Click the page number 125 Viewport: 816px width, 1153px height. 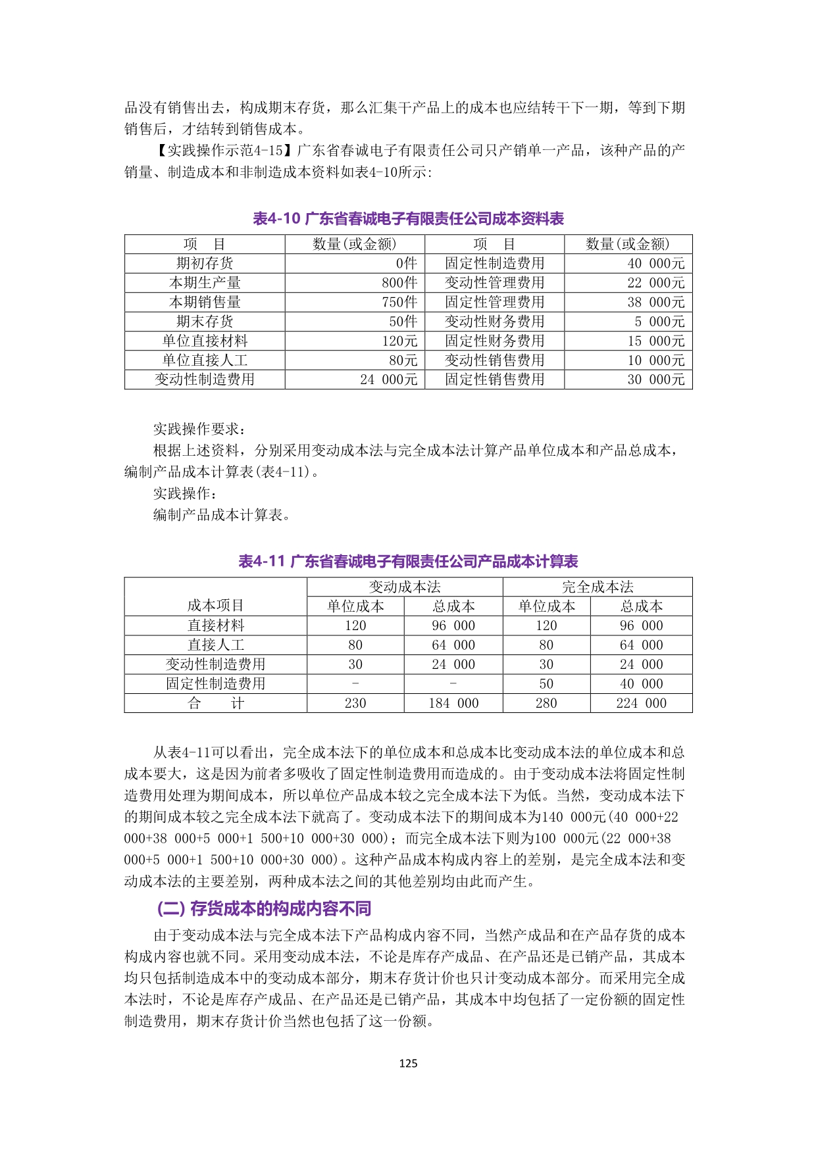coord(408,1063)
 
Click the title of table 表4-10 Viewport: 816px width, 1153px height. coord(408,219)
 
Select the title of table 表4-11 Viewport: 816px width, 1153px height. coord(408,562)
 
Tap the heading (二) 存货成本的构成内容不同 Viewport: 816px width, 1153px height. coord(264,908)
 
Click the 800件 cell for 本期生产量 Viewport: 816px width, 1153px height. coord(399,283)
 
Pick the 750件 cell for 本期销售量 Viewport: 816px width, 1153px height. coord(399,302)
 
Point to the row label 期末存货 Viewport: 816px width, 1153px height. coord(205,321)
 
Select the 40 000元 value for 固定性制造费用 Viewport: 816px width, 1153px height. coord(655,264)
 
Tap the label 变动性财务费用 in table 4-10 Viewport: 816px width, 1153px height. coord(494,321)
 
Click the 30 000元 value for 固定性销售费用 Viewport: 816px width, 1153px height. coord(655,380)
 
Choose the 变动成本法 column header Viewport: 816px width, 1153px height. coord(405,587)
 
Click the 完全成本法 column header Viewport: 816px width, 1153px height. coord(598,587)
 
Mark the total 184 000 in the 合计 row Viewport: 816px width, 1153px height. coord(453,703)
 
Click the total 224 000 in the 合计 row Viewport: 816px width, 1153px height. coord(641,703)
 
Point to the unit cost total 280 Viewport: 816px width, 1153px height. coord(546,703)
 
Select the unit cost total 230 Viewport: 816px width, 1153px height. coord(355,703)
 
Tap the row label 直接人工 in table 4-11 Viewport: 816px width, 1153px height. coord(215,645)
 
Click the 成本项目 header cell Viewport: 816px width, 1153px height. coord(215,605)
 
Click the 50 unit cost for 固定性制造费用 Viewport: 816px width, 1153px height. coord(546,684)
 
